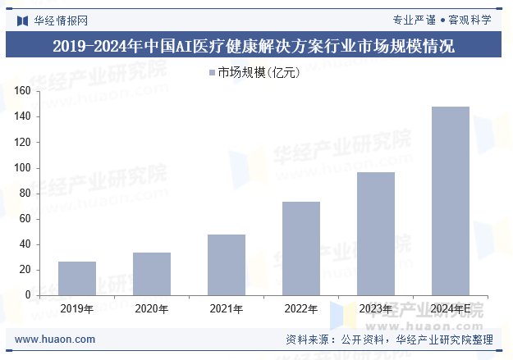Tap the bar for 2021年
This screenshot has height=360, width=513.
(227, 265)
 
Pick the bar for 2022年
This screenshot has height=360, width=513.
(301, 248)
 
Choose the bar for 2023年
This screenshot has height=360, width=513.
(376, 234)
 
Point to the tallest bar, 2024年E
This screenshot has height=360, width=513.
(451, 201)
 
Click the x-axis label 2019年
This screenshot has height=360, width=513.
(77, 309)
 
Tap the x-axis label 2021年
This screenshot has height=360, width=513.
(227, 309)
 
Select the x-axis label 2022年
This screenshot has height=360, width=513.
(301, 309)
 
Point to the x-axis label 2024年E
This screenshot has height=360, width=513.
(451, 309)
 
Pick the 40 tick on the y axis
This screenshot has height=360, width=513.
(25, 244)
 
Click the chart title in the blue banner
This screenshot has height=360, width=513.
(256, 45)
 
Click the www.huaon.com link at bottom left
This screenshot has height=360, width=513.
(56, 339)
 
